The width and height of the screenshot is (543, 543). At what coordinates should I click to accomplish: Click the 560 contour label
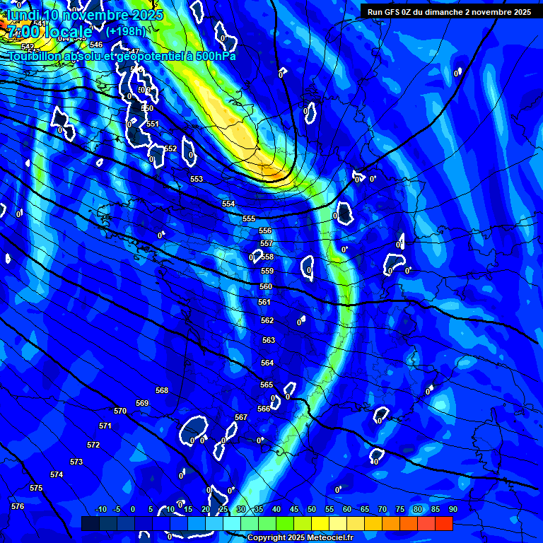[266, 286]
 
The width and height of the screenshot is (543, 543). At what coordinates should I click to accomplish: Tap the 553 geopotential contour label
[197, 179]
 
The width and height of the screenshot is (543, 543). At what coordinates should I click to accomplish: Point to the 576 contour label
[18, 506]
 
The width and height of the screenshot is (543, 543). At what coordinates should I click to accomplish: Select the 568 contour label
[162, 390]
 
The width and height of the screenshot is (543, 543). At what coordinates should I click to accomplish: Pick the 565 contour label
[267, 385]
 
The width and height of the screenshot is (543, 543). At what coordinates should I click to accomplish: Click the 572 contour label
[93, 445]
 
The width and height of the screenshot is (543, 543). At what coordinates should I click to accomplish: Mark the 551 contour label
[153, 124]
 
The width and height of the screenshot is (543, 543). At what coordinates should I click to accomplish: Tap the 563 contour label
[269, 340]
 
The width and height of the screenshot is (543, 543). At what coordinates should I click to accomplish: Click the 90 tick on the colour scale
[452, 509]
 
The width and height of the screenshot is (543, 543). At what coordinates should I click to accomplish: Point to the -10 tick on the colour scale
[100, 509]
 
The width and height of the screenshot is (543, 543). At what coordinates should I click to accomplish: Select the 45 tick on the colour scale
[294, 509]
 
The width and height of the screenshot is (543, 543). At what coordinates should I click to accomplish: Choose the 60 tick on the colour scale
[347, 509]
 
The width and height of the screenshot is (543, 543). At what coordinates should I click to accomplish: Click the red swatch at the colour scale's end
[443, 523]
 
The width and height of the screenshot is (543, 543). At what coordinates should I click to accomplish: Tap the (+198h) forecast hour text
[125, 32]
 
